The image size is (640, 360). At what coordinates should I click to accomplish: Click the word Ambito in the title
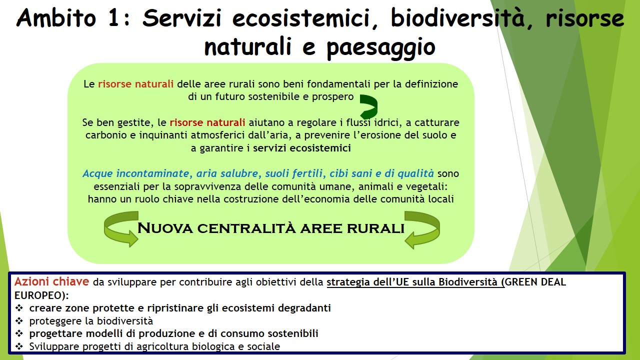tap(56, 18)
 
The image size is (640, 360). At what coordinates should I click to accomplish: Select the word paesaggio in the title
tap(381, 47)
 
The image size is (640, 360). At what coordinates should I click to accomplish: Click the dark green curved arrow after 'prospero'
tap(369, 106)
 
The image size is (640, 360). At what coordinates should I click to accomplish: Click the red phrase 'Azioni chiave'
tap(51, 281)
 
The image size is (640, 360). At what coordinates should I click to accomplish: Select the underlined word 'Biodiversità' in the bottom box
tap(468, 282)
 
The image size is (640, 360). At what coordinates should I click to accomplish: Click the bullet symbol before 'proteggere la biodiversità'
tap(19, 321)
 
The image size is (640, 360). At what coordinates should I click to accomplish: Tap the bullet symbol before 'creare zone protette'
tap(19, 308)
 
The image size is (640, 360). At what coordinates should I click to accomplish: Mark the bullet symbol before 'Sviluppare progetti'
tap(19, 346)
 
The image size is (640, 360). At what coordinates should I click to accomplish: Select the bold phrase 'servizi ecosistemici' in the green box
tap(301, 148)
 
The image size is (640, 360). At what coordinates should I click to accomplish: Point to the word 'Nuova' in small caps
tap(165, 228)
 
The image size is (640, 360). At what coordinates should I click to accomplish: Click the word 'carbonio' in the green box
tap(106, 135)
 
